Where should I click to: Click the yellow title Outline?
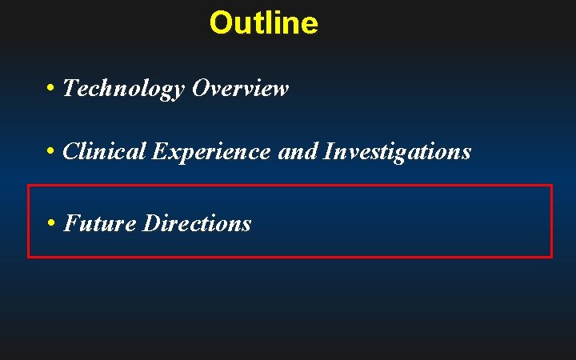[x=263, y=22]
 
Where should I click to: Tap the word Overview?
[x=240, y=88]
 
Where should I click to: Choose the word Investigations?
[x=398, y=150]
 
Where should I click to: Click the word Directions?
[x=197, y=223]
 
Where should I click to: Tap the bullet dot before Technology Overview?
[x=50, y=88]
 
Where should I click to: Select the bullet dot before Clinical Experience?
[x=50, y=150]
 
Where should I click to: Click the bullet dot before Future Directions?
[x=50, y=223]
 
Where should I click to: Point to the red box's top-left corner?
[x=29, y=186]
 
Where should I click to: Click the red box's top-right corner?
[x=551, y=186]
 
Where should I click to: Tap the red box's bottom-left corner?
[x=29, y=257]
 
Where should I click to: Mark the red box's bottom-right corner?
[x=551, y=257]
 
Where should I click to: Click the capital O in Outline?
[x=220, y=22]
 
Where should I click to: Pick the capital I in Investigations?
[x=328, y=150]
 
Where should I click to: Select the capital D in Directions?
[x=151, y=223]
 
